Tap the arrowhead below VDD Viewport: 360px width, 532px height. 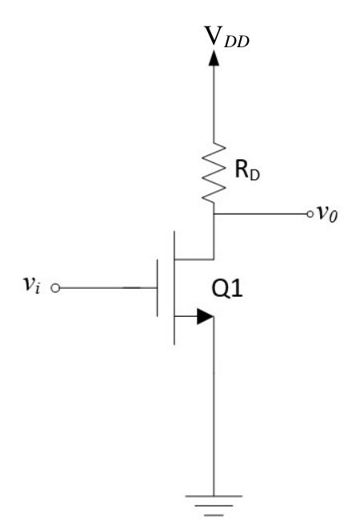(214, 58)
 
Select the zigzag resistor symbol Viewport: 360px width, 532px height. (214, 173)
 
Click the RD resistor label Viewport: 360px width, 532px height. (247, 170)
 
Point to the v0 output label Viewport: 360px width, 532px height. (327, 214)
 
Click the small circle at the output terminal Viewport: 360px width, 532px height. (310, 214)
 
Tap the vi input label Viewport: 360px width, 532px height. (31, 284)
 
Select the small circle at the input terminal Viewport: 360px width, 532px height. (55, 288)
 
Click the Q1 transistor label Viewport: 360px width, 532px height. (227, 289)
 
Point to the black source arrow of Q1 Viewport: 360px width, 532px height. (206, 316)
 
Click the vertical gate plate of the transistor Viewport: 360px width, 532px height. (158, 288)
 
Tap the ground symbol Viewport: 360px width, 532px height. (214, 506)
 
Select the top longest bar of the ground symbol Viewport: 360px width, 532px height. (214, 496)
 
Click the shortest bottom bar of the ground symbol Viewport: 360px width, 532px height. (214, 515)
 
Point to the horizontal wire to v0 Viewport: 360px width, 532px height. (260, 214)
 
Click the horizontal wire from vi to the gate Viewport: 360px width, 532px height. (108, 288)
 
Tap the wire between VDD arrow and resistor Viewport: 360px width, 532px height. (214, 104)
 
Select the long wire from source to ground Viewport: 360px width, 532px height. (214, 406)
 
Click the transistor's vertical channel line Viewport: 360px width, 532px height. (174, 288)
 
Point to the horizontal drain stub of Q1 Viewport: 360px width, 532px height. (194, 259)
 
